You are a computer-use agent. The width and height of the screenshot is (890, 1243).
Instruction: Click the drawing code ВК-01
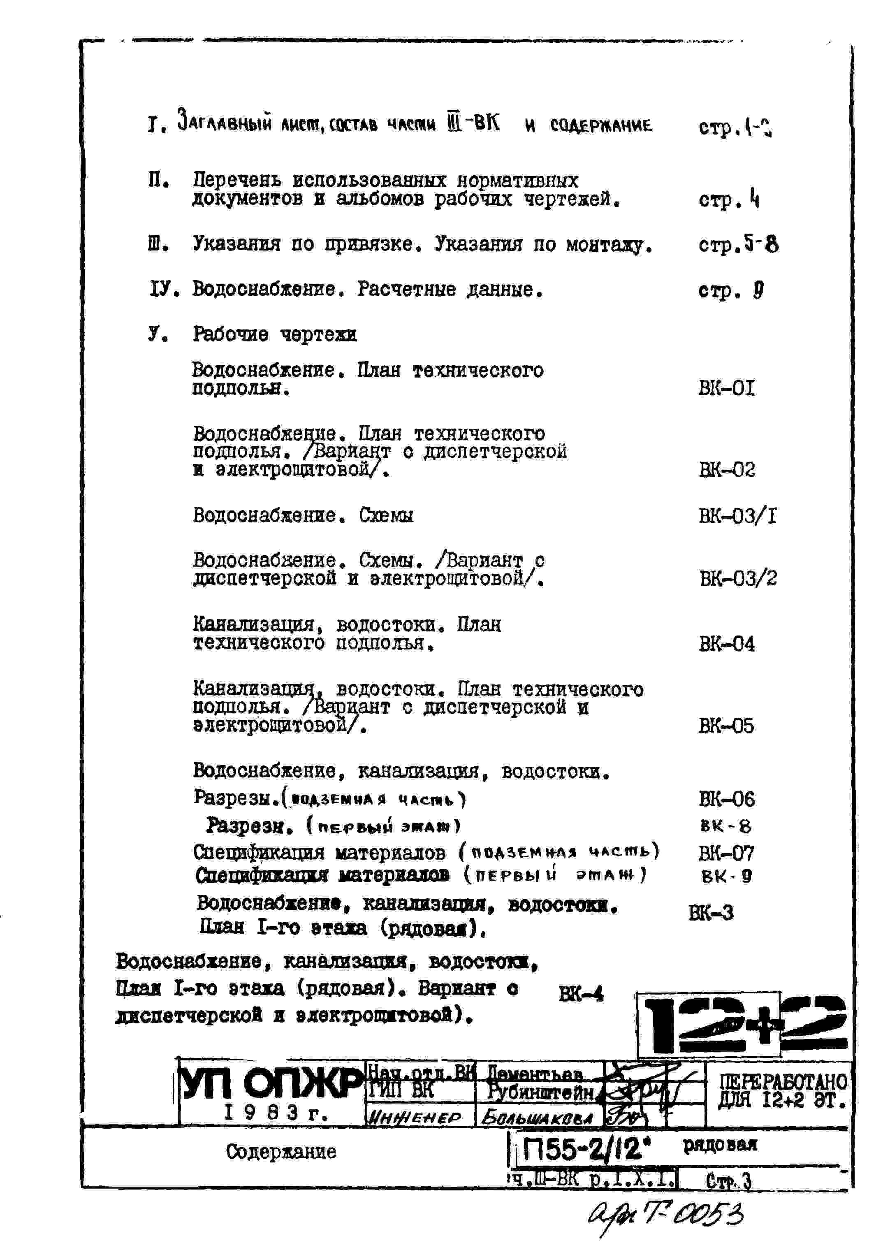726,389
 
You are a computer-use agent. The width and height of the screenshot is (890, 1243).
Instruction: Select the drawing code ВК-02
727,470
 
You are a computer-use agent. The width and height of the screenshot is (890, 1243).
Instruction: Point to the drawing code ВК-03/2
738,579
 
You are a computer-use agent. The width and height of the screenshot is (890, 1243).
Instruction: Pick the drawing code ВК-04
727,644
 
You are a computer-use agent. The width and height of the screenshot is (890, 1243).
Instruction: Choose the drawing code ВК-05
727,726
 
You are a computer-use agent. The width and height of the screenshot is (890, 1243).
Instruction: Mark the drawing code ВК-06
727,799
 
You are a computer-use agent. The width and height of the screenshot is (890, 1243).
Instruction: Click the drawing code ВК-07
726,853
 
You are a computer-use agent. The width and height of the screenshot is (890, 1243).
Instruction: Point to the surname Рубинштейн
540,1093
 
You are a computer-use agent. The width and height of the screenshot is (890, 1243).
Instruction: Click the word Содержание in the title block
281,1151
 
